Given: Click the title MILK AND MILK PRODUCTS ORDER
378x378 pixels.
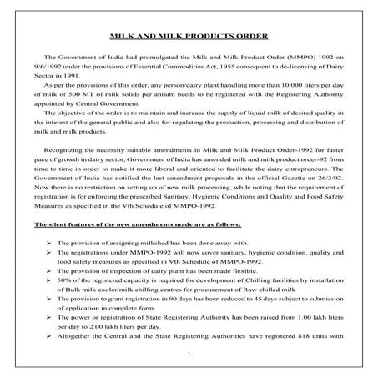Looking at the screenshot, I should pyautogui.click(x=189, y=37).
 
